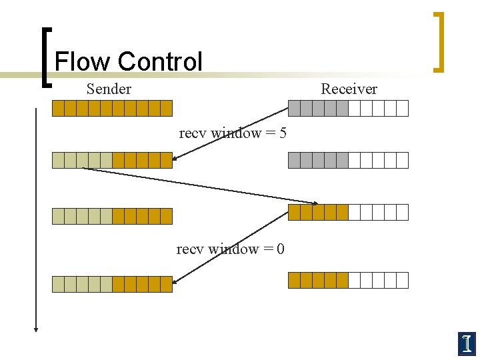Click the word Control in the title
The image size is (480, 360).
point(159,62)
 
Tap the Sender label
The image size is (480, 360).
point(109,89)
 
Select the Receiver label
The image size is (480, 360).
point(349,89)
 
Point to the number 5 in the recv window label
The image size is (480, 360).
point(283,133)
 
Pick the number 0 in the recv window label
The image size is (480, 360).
point(281,249)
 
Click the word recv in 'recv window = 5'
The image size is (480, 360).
point(193,133)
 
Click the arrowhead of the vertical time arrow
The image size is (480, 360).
point(36,327)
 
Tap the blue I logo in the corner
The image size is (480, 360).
point(467,343)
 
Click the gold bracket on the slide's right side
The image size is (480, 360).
point(439,41)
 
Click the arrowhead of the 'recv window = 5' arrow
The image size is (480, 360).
point(175,159)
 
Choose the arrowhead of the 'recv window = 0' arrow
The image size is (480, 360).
point(175,282)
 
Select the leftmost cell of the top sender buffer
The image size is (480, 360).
point(59,108)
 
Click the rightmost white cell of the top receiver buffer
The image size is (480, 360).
point(402,108)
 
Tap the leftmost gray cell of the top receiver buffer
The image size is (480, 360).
point(294,108)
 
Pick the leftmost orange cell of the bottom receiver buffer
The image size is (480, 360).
point(294,280)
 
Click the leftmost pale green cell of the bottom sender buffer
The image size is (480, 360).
point(59,285)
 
